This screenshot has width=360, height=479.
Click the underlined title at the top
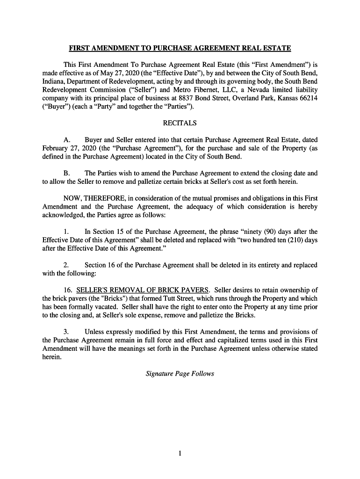pos(180,48)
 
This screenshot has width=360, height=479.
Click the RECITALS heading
pos(180,123)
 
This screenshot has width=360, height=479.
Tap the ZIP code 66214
pos(307,98)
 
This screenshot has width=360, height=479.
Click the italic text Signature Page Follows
pos(180,374)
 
